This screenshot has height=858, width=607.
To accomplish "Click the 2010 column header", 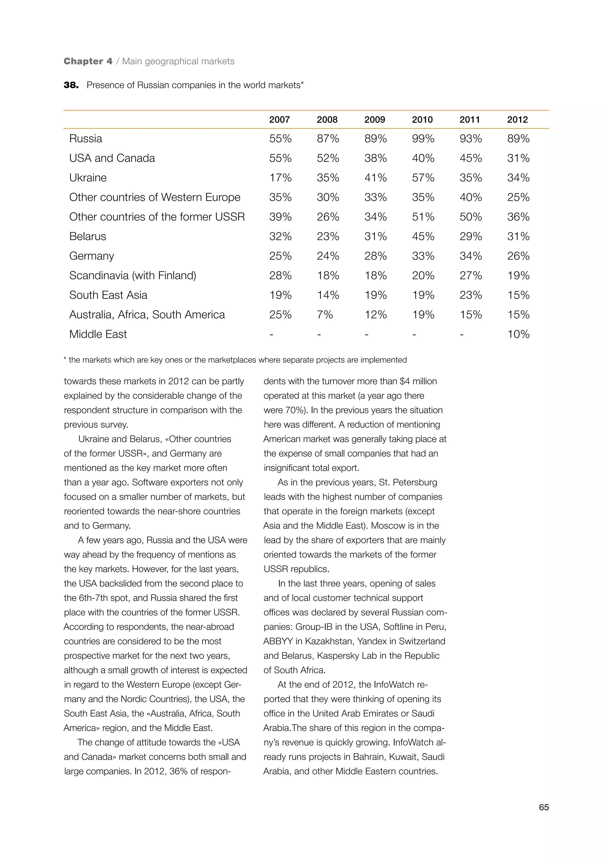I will (422, 120).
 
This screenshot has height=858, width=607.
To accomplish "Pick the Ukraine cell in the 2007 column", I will (280, 177).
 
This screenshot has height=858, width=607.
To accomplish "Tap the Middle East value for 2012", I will (518, 334).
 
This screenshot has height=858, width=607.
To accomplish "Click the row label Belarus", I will (87, 236).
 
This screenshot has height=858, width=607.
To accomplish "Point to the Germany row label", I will (92, 256).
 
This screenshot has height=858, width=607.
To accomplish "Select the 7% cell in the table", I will (325, 315).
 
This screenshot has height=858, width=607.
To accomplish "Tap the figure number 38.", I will (71, 85).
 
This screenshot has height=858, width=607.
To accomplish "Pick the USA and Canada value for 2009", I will (375, 158).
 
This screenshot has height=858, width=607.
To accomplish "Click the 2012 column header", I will (517, 120).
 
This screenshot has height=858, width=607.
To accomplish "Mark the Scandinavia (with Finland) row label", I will (132, 276).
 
